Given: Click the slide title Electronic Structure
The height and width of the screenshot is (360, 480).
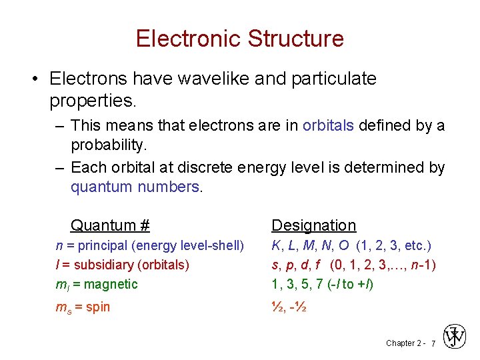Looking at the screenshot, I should coord(240,38).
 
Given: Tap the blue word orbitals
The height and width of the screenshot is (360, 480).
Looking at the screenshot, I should coord(328,125).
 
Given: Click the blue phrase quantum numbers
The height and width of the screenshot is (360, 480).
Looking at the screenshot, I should coord(135,187).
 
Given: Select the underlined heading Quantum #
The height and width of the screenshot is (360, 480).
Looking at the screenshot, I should coord(110,225).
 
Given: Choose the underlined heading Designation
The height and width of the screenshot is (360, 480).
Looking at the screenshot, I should coord(313,225).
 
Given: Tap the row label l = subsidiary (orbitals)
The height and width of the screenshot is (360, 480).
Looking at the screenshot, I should coord(122,265).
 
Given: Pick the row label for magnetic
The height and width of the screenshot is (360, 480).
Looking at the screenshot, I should coord(96,284).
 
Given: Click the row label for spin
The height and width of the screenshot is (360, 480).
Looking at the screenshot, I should coord(82,307).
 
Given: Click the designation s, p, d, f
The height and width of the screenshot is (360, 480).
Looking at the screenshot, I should coord(300,265).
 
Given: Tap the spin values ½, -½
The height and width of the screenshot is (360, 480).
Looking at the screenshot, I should coord(288,307).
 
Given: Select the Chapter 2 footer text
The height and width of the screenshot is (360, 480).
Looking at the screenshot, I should coord(405,343).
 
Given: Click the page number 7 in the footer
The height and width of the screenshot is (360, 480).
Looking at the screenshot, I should coord(433,343).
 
